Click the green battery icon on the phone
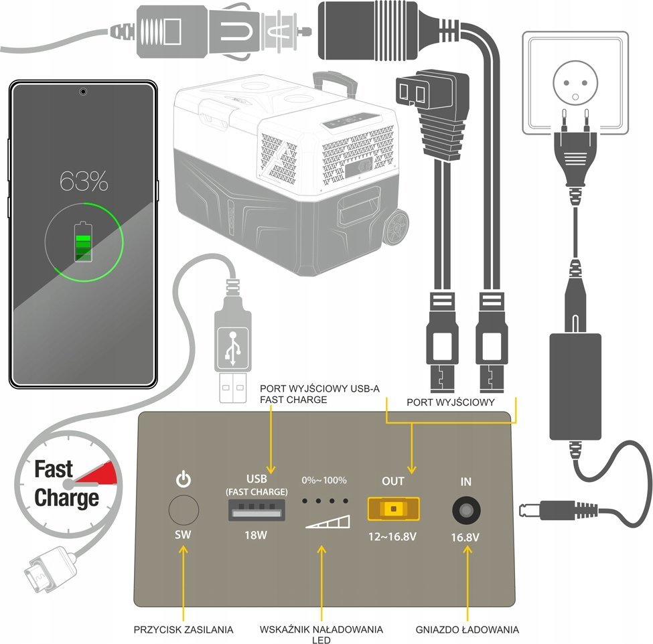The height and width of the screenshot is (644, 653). [84, 241]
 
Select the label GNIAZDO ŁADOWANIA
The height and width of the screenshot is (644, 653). [467, 629]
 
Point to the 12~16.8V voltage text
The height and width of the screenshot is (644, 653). [393, 536]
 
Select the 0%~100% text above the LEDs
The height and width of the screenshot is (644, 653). [324, 481]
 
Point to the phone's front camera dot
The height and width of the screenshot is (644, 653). [82, 90]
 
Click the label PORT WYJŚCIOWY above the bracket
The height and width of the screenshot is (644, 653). [451, 402]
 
